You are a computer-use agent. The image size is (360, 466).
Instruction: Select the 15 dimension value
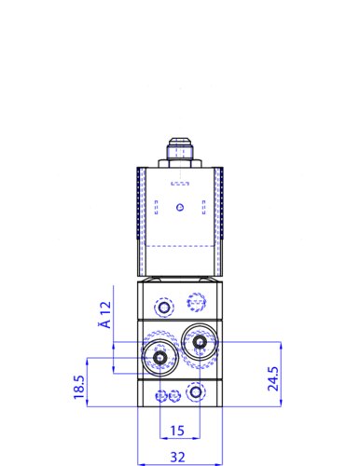pyautogui.click(x=179, y=430)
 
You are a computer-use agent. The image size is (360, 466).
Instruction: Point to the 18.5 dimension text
pyautogui.click(x=80, y=387)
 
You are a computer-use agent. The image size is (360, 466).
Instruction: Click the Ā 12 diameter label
pyautogui.click(x=105, y=315)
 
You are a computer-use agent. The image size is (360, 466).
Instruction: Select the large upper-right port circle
pyautogui.click(x=198, y=343)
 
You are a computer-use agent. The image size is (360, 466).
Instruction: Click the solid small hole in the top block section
pyautogui.click(x=164, y=307)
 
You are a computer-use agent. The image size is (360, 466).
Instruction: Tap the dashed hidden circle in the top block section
pyautogui.click(x=195, y=301)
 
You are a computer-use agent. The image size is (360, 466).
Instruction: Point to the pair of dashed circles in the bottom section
pyautogui.click(x=168, y=396)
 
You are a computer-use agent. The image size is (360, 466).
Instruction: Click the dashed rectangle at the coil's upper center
pyautogui.click(x=180, y=181)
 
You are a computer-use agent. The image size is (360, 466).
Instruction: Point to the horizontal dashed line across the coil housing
pyautogui.click(x=180, y=244)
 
